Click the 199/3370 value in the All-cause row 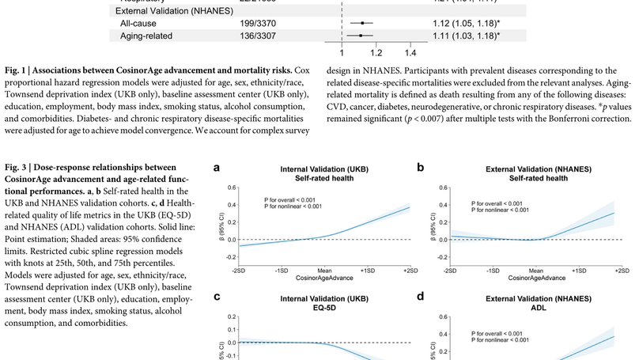257,24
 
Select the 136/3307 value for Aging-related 257,36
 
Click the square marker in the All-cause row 362,24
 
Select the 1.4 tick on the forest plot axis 410,53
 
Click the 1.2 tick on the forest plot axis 376,53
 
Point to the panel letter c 217,297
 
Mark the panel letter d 421,297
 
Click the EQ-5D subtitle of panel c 323,309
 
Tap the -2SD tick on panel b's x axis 449,271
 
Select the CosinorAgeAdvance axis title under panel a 323,279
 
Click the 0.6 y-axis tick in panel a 232,188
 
